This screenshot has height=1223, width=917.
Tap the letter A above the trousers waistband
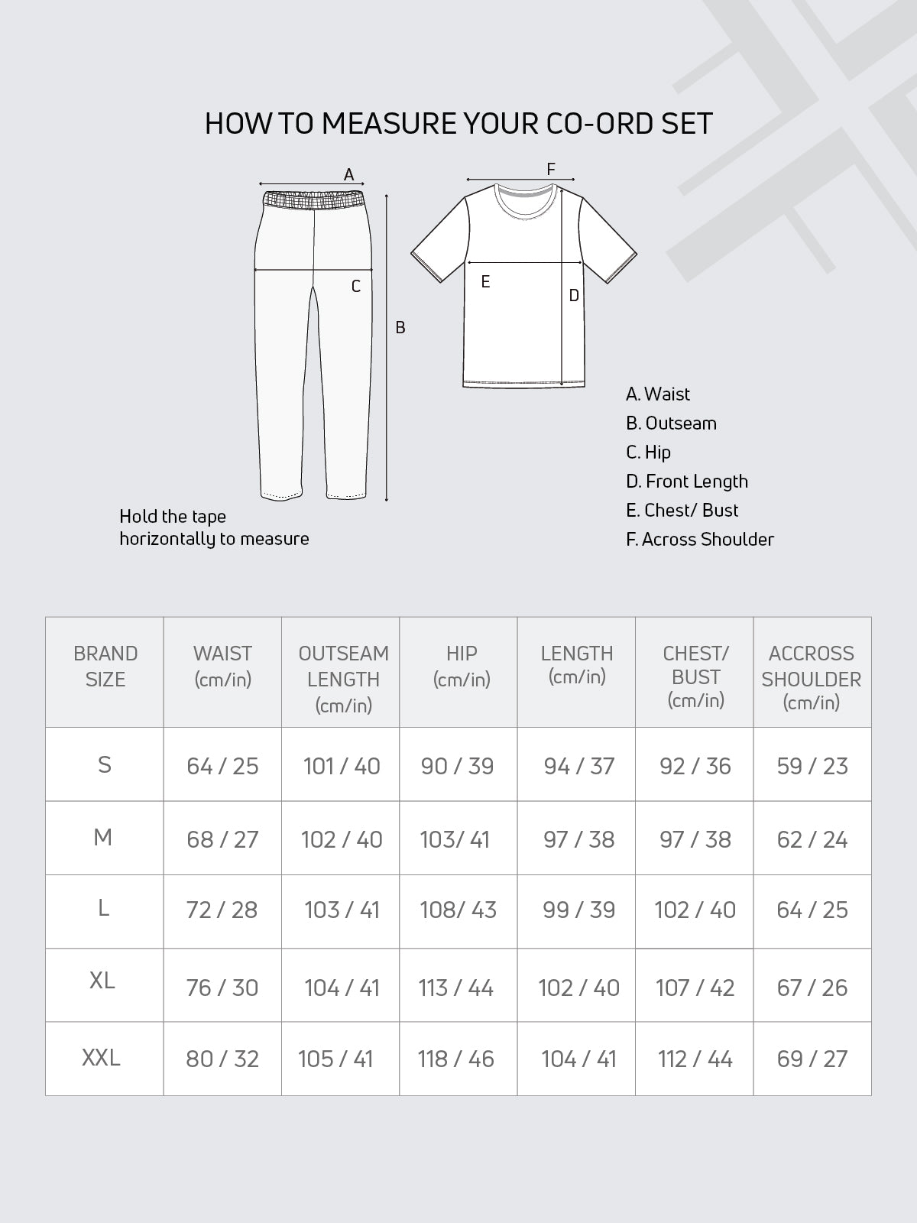click(x=348, y=175)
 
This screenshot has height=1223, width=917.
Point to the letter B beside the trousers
click(x=400, y=328)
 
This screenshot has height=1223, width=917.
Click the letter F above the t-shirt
click(x=550, y=170)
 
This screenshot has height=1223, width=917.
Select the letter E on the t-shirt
click(x=485, y=283)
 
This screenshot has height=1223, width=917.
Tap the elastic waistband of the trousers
click(x=313, y=200)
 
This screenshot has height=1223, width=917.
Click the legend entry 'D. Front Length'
click(x=686, y=482)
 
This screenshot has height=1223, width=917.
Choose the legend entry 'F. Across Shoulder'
click(x=699, y=540)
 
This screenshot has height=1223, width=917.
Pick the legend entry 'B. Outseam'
click(x=671, y=423)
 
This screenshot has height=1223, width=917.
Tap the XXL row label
click(x=101, y=1058)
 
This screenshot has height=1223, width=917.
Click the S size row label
click(x=105, y=764)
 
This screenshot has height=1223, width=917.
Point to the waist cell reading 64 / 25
click(x=222, y=766)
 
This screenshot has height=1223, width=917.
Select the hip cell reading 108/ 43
click(x=458, y=910)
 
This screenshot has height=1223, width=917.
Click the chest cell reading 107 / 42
click(x=695, y=988)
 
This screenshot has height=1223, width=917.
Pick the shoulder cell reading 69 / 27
click(x=812, y=1059)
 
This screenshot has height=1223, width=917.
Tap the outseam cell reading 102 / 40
click(x=342, y=840)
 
